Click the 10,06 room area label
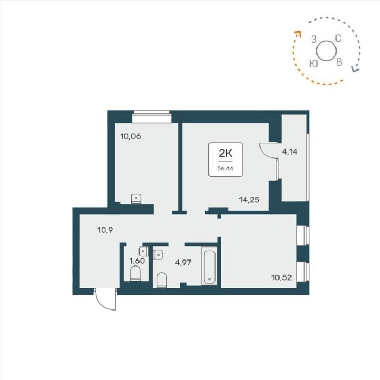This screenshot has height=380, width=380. [130, 136]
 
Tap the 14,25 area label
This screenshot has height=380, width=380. [249, 200]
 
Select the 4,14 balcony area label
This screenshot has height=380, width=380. [289, 152]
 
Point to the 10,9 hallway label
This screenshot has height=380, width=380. [105, 230]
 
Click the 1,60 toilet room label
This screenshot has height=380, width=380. [137, 261]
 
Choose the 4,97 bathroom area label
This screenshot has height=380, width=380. [183, 262]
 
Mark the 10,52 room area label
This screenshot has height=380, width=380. [281, 277]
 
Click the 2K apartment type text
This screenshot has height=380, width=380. [225, 153]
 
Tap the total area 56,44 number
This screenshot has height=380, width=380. [225, 169]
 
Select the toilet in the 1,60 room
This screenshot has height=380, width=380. [135, 274]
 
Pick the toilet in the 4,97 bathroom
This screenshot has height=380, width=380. [162, 280]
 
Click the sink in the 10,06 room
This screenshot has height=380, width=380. [136, 199]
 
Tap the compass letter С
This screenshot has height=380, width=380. [338, 39]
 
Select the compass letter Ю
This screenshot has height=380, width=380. [314, 64]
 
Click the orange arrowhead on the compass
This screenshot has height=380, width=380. [298, 34]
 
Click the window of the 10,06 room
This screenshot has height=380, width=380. [151, 116]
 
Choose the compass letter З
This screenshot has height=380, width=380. [314, 39]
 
